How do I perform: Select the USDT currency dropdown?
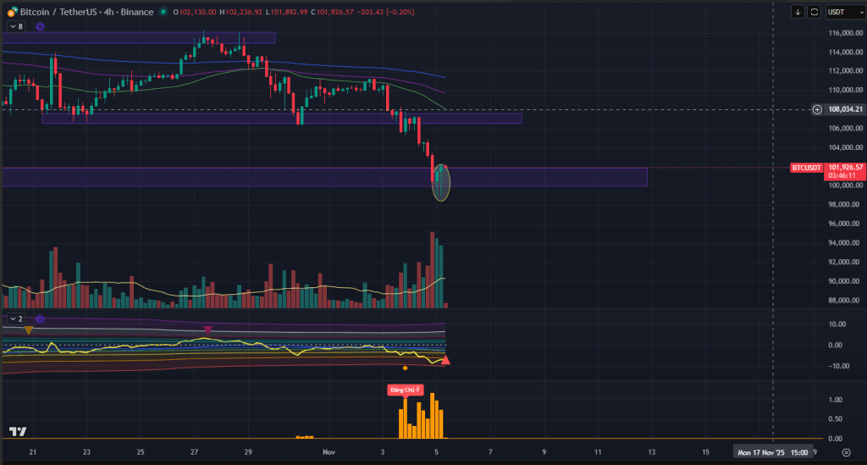tap(838, 12)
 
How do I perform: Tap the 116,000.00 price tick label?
tap(844, 33)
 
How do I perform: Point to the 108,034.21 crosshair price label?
tap(845, 109)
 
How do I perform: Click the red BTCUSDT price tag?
tap(806, 168)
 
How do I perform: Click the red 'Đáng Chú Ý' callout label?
tap(403, 390)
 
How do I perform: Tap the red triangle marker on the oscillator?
tap(446, 361)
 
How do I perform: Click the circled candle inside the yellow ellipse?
tap(441, 182)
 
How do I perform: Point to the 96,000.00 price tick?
tap(844, 224)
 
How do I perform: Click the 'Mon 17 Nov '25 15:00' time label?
tap(773, 452)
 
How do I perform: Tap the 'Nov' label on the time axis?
tap(329, 452)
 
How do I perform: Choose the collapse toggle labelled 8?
tap(16, 27)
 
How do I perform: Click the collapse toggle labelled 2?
tap(16, 319)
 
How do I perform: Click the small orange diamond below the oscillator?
tap(405, 368)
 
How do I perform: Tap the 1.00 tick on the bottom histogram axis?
tap(835, 400)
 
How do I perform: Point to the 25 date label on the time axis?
tap(140, 452)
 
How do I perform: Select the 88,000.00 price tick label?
tap(844, 300)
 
